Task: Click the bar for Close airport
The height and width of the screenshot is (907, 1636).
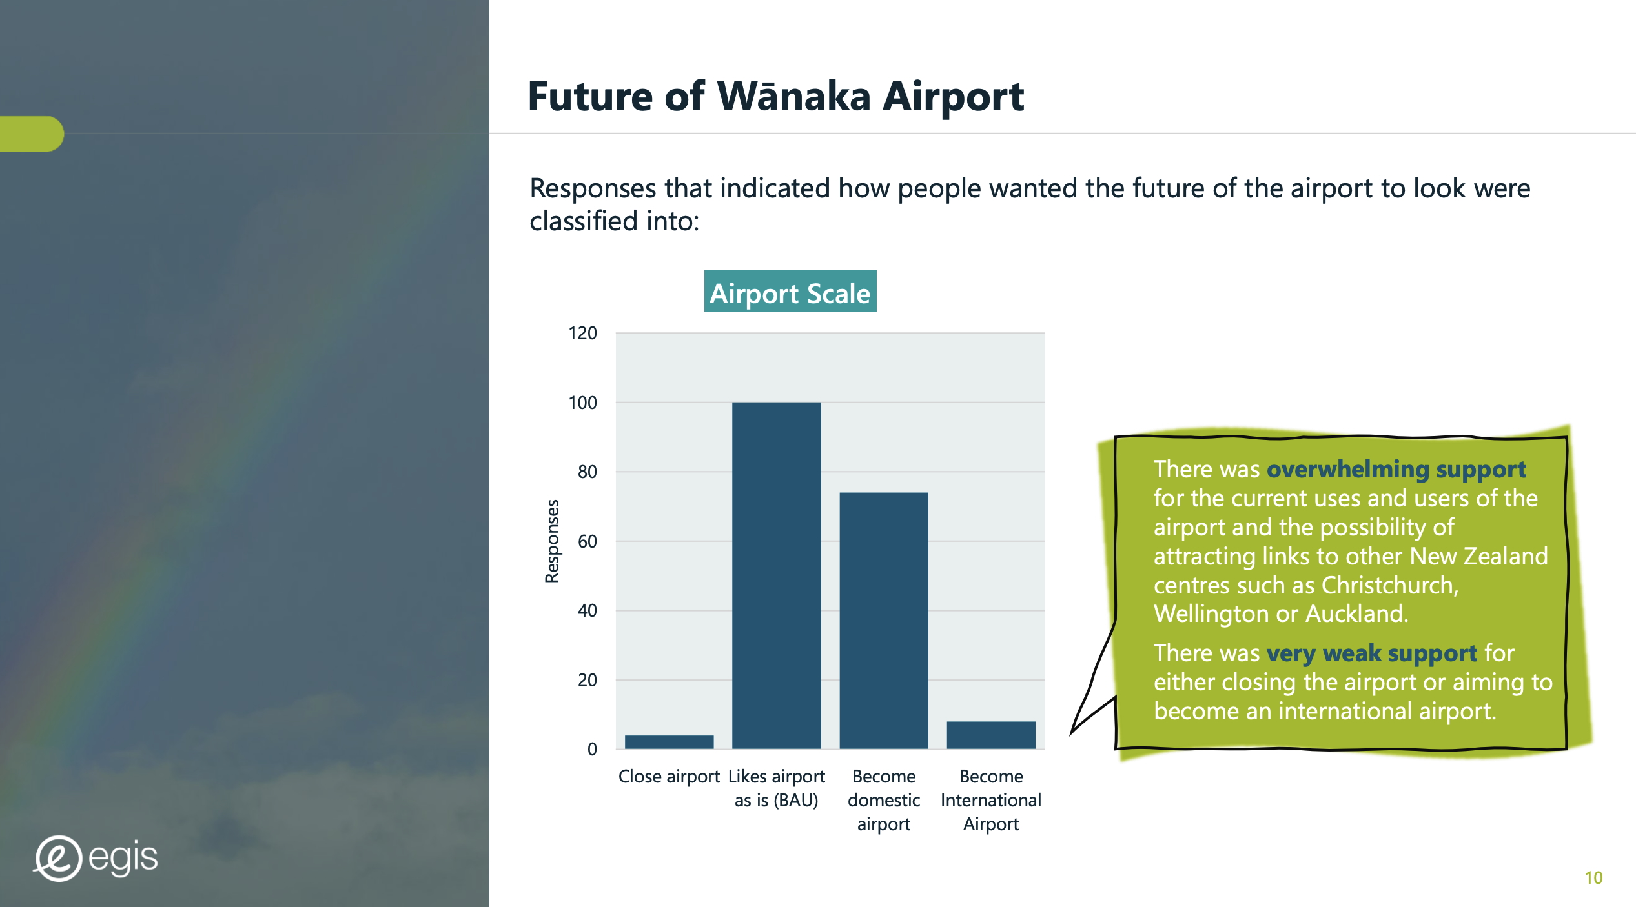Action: [x=669, y=742]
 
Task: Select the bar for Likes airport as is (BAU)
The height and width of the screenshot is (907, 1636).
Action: [x=776, y=575]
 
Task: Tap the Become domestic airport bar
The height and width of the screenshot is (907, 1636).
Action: [x=884, y=621]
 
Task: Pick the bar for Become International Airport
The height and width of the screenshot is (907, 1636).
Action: [x=991, y=735]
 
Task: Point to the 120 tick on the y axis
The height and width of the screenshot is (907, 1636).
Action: [x=582, y=334]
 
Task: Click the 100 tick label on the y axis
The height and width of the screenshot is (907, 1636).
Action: [x=582, y=403]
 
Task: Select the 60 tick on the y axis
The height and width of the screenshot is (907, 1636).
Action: [x=587, y=541]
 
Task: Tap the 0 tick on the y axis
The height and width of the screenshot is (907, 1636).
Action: [x=592, y=749]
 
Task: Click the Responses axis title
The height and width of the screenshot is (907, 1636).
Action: [x=552, y=541]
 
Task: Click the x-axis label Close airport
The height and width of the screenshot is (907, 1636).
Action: [x=669, y=776]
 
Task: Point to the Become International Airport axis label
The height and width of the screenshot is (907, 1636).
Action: [x=991, y=800]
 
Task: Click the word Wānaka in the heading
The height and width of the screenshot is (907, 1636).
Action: [x=794, y=96]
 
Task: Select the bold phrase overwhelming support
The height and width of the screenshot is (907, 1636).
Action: [x=1396, y=470]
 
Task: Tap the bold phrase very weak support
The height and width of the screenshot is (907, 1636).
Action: [x=1372, y=653]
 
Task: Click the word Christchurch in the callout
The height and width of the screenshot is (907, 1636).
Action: [x=1389, y=585]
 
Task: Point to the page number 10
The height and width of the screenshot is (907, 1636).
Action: [x=1593, y=878]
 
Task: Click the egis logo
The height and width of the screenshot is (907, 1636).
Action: [x=96, y=858]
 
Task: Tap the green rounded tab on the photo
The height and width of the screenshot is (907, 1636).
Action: [x=32, y=134]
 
